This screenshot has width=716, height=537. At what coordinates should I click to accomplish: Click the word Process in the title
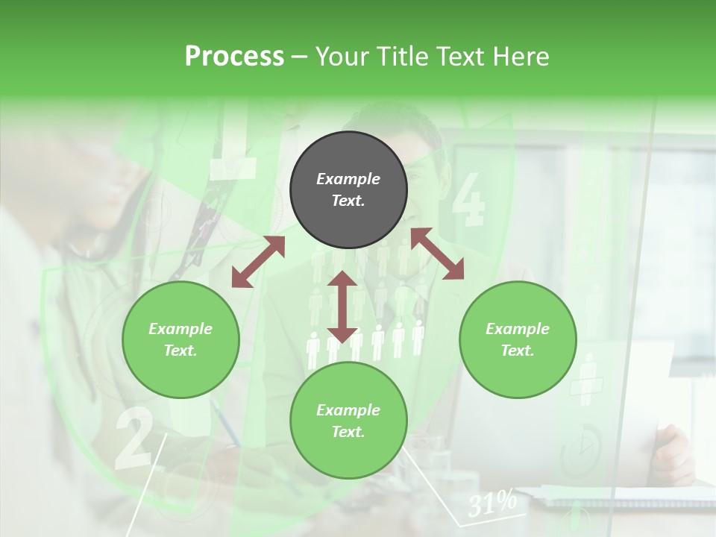(234, 57)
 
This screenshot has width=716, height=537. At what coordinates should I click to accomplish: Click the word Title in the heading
(403, 57)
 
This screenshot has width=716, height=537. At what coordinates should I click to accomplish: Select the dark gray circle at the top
(348, 190)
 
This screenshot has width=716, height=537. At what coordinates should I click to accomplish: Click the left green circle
(180, 340)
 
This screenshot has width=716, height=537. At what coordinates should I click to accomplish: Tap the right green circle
(518, 340)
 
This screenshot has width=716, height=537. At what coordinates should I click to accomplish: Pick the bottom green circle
(348, 421)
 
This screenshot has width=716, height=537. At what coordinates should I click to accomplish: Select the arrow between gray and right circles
(438, 254)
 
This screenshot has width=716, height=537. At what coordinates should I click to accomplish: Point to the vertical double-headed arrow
(342, 307)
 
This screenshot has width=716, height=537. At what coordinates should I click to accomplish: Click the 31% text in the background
(492, 504)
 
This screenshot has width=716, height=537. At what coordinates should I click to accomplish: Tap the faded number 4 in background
(468, 200)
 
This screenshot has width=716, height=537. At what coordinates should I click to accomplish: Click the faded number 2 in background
(134, 440)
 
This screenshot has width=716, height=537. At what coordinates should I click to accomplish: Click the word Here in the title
(521, 57)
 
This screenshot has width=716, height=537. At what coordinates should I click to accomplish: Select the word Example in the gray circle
(348, 179)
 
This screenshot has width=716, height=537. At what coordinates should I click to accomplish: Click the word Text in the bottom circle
(347, 432)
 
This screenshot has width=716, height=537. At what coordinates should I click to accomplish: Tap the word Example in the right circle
(518, 329)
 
